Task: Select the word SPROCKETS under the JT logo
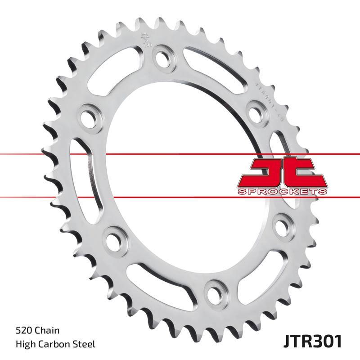281,192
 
